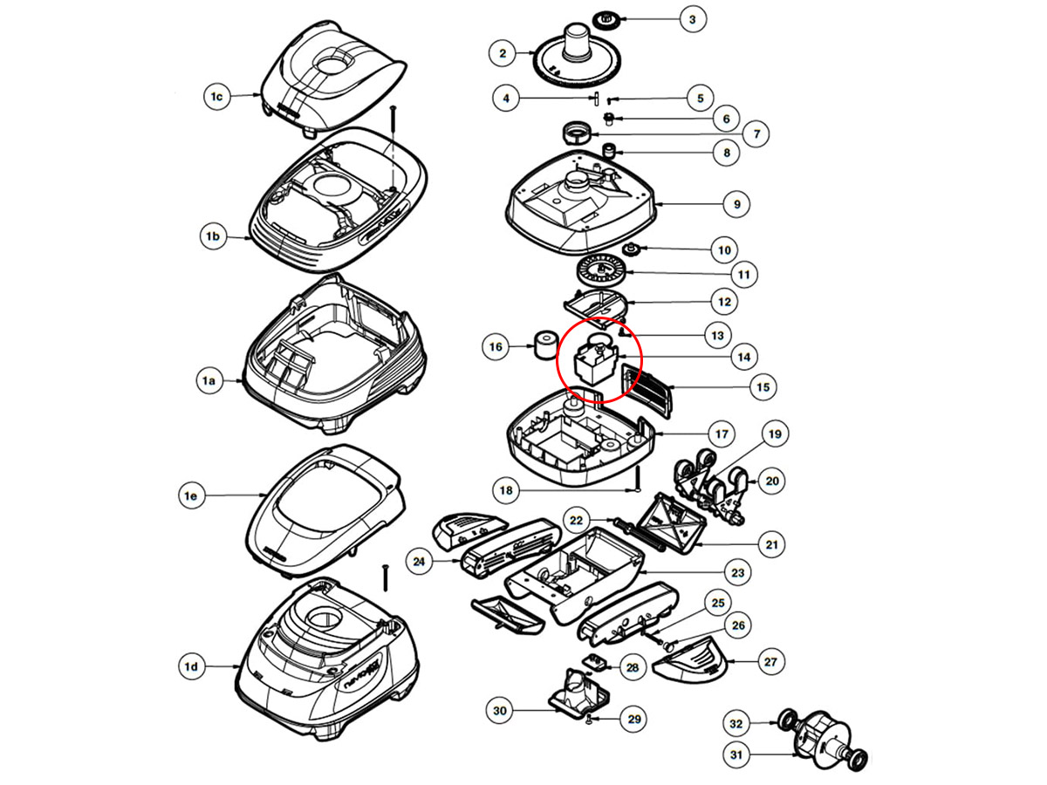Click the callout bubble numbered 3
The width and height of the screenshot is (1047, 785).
click(x=692, y=19)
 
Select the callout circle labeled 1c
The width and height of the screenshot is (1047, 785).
click(x=217, y=97)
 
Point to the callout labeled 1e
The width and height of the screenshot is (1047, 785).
click(x=191, y=495)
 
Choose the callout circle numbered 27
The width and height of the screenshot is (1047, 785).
click(x=770, y=662)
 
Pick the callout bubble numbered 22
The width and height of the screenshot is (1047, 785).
click(x=576, y=520)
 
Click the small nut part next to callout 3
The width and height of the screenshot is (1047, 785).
click(x=603, y=18)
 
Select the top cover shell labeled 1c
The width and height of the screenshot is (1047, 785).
click(x=334, y=83)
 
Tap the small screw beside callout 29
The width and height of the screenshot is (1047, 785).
click(x=591, y=718)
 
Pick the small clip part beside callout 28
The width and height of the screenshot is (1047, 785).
click(x=596, y=663)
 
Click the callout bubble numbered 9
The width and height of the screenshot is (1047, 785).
click(x=736, y=204)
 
